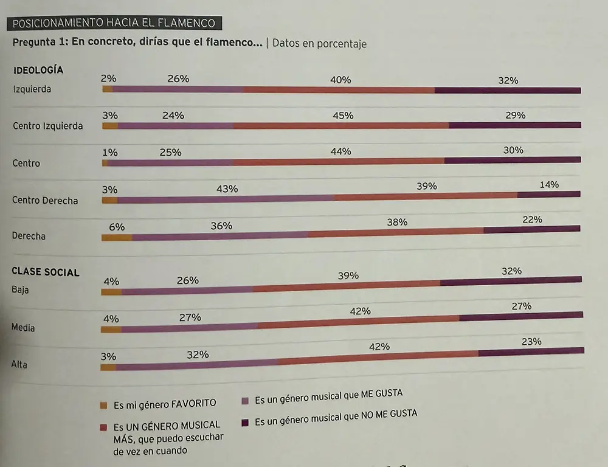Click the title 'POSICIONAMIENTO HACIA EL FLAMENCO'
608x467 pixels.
pyautogui.click(x=114, y=23)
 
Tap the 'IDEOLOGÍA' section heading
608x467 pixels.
pyautogui.click(x=38, y=70)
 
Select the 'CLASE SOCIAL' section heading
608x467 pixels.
pyautogui.click(x=46, y=272)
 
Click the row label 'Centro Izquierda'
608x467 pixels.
pyautogui.click(x=47, y=126)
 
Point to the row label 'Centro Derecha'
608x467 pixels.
pyautogui.click(x=45, y=200)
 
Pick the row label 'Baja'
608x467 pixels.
pyautogui.click(x=20, y=289)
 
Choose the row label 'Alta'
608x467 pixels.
pyautogui.click(x=19, y=365)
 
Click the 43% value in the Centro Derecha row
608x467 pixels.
pyautogui.click(x=227, y=189)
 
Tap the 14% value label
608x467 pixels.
pyautogui.click(x=549, y=185)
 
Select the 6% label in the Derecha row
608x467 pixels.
pyautogui.click(x=117, y=227)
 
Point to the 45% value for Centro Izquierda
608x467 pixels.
pyautogui.click(x=344, y=116)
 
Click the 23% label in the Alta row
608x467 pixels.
pyautogui.click(x=531, y=342)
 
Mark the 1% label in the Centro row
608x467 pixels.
pyautogui.click(x=110, y=153)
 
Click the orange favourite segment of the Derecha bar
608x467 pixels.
pyautogui.click(x=117, y=237)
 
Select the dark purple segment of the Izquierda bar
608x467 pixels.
pyautogui.click(x=508, y=91)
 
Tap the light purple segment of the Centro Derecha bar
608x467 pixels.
pyautogui.click(x=226, y=198)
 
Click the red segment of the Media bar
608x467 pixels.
pyautogui.click(x=359, y=322)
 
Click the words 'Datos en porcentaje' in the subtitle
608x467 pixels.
pyautogui.click(x=319, y=43)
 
